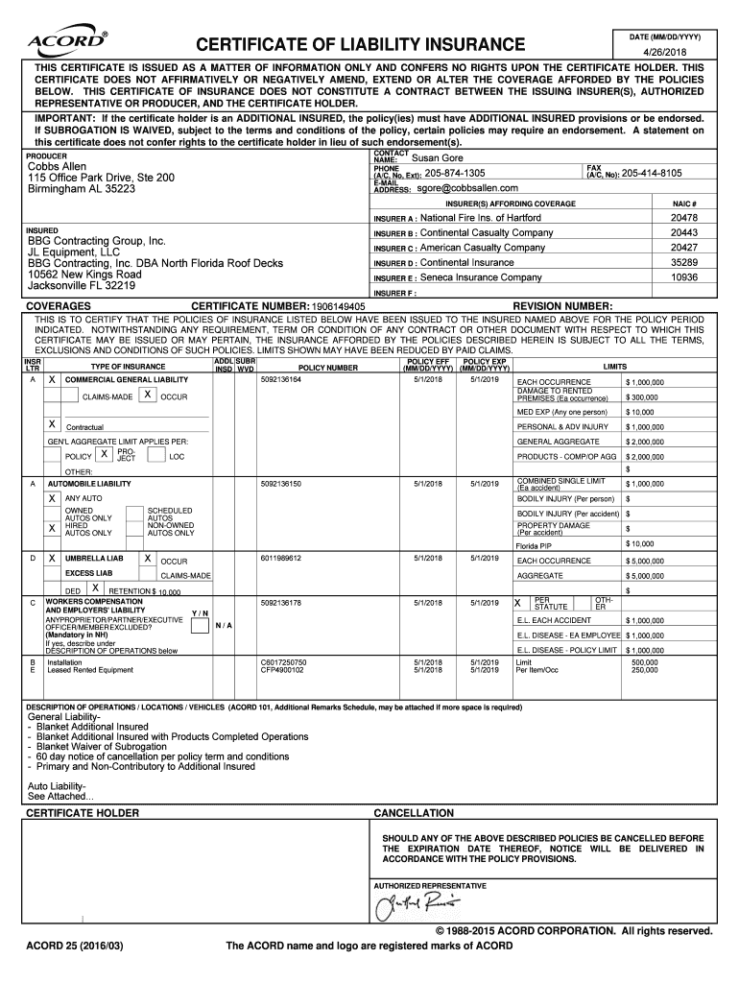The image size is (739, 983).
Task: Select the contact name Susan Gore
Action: click(438, 157)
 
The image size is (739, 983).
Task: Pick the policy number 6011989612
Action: click(280, 558)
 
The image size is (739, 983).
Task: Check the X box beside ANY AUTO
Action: click(52, 498)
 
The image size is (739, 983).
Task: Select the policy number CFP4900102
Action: click(283, 670)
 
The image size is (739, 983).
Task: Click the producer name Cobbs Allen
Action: click(57, 166)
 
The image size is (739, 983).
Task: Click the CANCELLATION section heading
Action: click(414, 813)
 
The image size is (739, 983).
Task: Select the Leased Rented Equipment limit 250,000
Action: click(644, 670)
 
